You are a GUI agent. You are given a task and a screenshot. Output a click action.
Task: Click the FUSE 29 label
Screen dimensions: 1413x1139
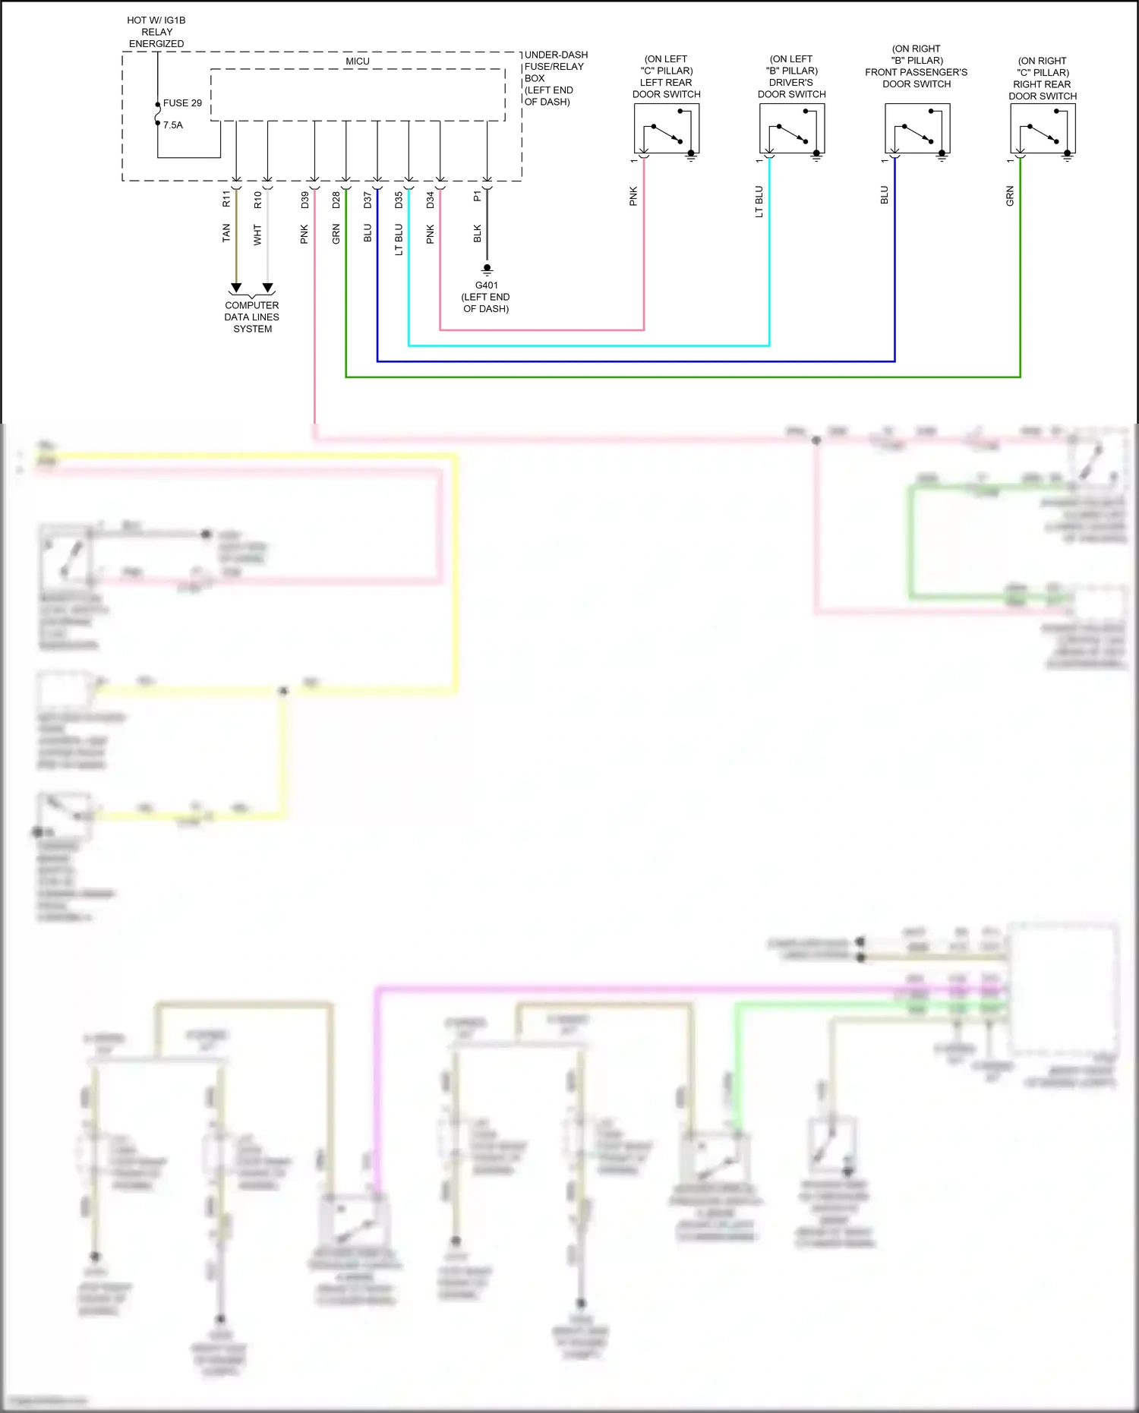click(x=182, y=103)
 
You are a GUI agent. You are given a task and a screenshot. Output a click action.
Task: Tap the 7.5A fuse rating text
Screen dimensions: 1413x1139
click(x=173, y=125)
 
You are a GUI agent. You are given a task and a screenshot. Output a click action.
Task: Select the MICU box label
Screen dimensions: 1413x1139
click(x=358, y=62)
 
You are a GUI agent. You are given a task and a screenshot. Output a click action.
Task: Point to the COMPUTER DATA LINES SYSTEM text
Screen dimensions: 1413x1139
click(x=252, y=317)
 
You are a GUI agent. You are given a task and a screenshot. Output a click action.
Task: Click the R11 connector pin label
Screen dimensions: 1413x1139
click(x=226, y=199)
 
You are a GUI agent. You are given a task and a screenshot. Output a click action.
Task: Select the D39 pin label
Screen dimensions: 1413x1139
click(x=305, y=200)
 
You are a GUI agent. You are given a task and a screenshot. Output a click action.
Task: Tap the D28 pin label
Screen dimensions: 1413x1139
click(x=336, y=200)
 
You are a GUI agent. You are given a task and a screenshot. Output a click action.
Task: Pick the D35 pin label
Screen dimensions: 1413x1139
click(x=399, y=200)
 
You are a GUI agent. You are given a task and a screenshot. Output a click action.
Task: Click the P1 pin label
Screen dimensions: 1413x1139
click(x=478, y=196)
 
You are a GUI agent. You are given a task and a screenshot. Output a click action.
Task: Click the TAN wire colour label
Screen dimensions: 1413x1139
click(x=226, y=233)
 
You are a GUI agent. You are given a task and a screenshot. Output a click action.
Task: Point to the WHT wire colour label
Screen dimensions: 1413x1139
click(x=257, y=234)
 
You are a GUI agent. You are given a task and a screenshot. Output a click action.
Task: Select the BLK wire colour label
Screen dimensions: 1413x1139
click(x=478, y=233)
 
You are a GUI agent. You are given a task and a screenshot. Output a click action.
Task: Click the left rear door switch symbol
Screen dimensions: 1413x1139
click(x=667, y=129)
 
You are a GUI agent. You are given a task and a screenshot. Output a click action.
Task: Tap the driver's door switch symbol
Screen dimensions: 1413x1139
click(x=792, y=129)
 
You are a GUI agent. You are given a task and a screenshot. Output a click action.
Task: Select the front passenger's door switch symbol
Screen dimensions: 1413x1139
click(x=917, y=129)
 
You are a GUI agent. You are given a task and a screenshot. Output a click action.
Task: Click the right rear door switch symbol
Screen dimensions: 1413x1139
click(x=1043, y=129)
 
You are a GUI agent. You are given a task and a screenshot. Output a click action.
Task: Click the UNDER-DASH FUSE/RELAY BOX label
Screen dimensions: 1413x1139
click(x=555, y=78)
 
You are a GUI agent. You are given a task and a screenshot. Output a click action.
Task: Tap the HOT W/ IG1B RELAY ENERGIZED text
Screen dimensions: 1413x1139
click(x=156, y=32)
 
